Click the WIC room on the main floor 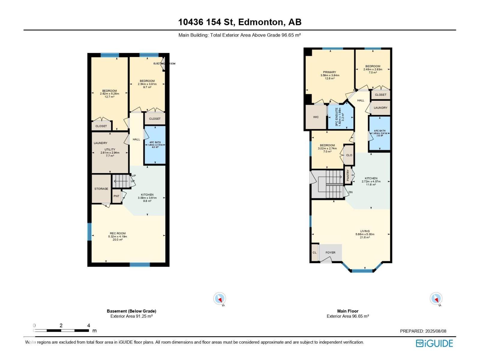click(316, 117)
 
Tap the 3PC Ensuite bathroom click(340, 117)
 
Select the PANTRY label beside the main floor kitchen click(348, 175)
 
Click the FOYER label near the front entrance click(330, 253)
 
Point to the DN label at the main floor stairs click(350, 192)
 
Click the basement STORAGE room click(101, 189)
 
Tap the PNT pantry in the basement click(116, 196)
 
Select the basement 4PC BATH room click(155, 145)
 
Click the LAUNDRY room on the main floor click(380, 108)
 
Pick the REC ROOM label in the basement click(118, 233)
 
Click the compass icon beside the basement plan click(220, 299)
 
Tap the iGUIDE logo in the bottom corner click(434, 343)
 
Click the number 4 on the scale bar click(88, 325)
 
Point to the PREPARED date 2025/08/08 click(423, 331)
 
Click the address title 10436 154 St click(240, 22)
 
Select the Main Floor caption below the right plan click(348, 311)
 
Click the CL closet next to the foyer click(314, 253)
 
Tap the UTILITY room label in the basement click(110, 149)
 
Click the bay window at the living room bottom click(362, 271)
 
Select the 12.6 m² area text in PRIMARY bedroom click(329, 79)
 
